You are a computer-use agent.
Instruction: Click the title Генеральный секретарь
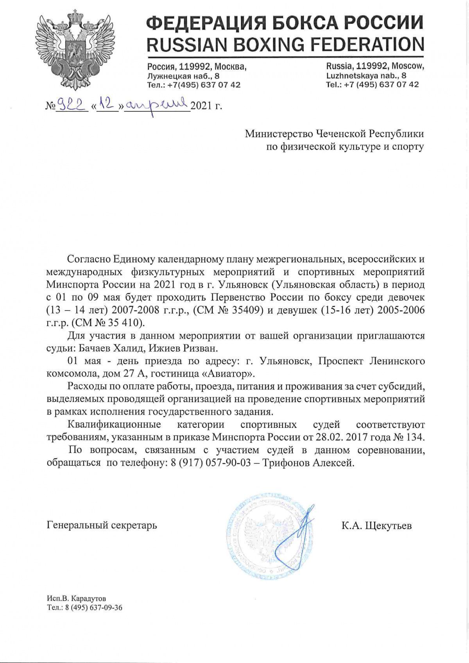(102, 525)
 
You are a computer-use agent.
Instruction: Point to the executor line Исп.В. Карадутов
(76, 599)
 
